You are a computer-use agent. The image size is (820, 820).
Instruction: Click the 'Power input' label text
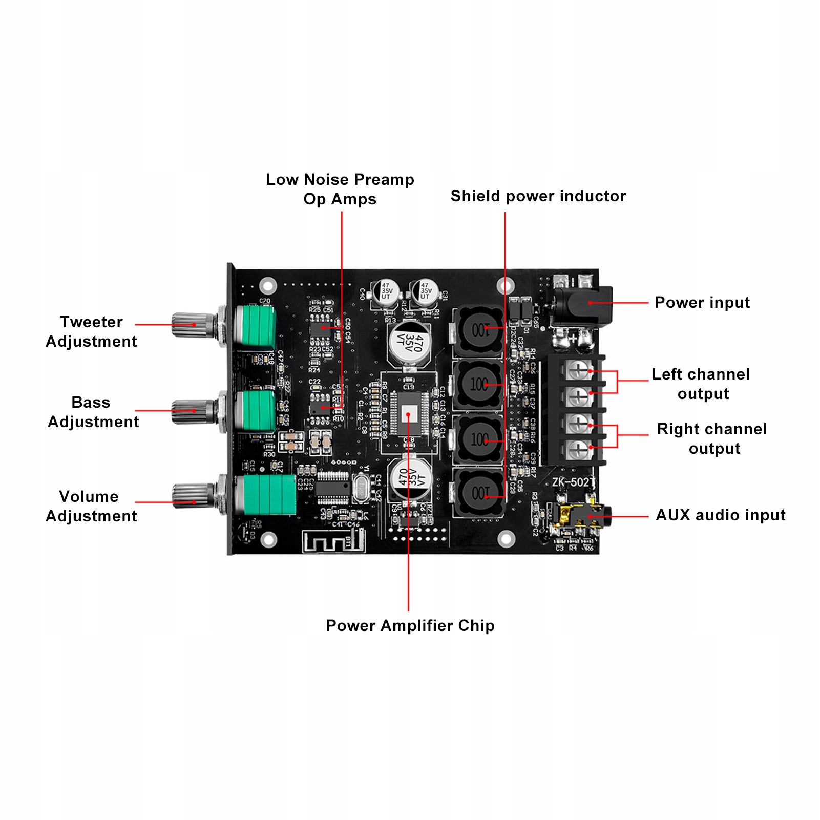click(x=702, y=303)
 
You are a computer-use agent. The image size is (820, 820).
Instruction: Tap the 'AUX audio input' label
click(x=720, y=515)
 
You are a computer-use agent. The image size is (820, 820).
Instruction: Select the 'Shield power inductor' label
click(x=538, y=196)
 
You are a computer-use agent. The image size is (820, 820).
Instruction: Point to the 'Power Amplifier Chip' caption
click(x=410, y=625)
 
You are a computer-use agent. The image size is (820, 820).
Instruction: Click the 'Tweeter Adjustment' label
click(x=92, y=331)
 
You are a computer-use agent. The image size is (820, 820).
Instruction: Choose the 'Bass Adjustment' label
click(x=93, y=412)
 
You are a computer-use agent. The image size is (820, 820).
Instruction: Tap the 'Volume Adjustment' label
click(x=91, y=506)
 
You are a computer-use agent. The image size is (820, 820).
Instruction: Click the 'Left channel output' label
click(x=701, y=384)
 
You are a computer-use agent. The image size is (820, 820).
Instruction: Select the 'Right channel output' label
click(x=712, y=438)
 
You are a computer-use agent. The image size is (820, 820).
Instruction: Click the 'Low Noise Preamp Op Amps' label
click(x=340, y=189)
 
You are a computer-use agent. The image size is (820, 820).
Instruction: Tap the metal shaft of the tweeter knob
click(x=192, y=325)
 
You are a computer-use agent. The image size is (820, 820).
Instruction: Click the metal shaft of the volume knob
click(x=192, y=496)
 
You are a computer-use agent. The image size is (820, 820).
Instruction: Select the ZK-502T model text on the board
click(x=573, y=482)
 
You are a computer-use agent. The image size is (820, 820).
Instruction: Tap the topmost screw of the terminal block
click(x=579, y=369)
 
